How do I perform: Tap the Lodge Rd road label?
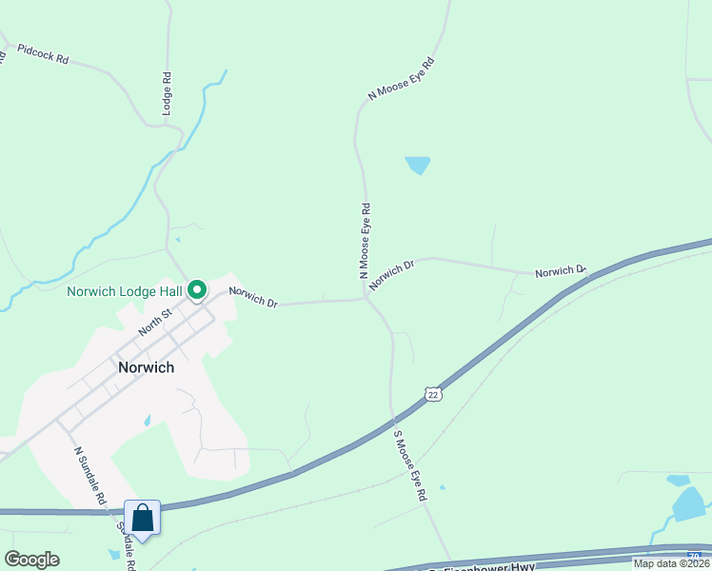[167, 94]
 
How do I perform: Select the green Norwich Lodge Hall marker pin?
[198, 288]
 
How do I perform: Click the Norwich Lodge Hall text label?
[124, 291]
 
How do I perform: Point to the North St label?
[153, 321]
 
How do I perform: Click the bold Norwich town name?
[146, 366]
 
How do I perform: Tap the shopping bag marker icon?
[143, 519]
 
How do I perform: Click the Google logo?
[31, 560]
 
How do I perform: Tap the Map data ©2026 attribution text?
[672, 563]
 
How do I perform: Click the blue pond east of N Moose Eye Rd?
[417, 165]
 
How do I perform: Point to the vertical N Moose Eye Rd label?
[364, 239]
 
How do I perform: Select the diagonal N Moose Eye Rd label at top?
[401, 79]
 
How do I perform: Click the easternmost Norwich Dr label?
[560, 272]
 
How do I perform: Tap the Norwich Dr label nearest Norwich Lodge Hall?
[252, 297]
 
